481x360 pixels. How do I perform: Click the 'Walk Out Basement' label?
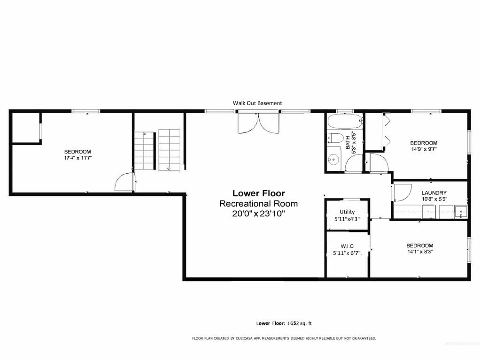pyautogui.click(x=257, y=103)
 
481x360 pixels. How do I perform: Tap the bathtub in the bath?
pyautogui.click(x=345, y=122)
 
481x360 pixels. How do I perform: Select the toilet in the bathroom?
pyautogui.click(x=335, y=138)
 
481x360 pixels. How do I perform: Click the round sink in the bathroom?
pyautogui.click(x=334, y=158)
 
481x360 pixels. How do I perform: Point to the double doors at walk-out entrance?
pyautogui.click(x=258, y=123)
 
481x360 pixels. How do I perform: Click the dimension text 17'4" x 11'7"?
pyautogui.click(x=78, y=158)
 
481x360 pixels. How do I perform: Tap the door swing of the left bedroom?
pyautogui.click(x=123, y=183)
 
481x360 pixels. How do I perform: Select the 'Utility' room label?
pyautogui.click(x=347, y=212)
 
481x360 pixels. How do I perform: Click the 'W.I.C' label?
pyautogui.click(x=347, y=246)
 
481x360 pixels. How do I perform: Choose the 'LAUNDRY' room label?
pyautogui.click(x=434, y=193)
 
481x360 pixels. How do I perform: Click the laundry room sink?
pyautogui.click(x=463, y=212)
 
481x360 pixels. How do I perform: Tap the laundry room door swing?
pyautogui.click(x=401, y=192)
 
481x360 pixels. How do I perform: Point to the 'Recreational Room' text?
pyautogui.click(x=258, y=204)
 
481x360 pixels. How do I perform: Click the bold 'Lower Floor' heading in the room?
pyautogui.click(x=258, y=193)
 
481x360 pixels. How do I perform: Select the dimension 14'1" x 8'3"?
pyautogui.click(x=419, y=252)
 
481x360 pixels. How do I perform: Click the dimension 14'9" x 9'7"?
pyautogui.click(x=423, y=149)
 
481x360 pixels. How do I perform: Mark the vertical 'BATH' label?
pyautogui.click(x=348, y=143)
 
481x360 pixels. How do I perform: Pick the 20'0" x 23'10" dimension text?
pyautogui.click(x=258, y=214)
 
